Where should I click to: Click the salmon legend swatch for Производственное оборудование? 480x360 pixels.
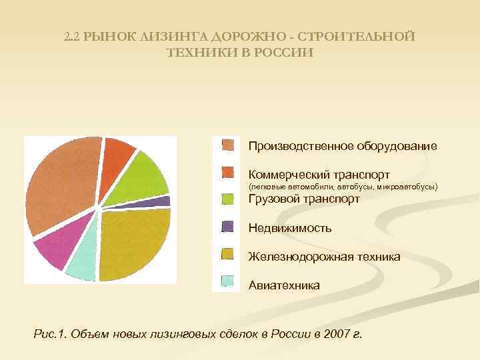(228, 145)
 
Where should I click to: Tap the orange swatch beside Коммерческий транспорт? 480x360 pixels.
(228, 173)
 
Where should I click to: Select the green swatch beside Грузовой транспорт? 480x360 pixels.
(228, 199)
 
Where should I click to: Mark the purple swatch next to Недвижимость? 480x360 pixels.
(228, 227)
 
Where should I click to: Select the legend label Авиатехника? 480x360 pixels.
(283, 285)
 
